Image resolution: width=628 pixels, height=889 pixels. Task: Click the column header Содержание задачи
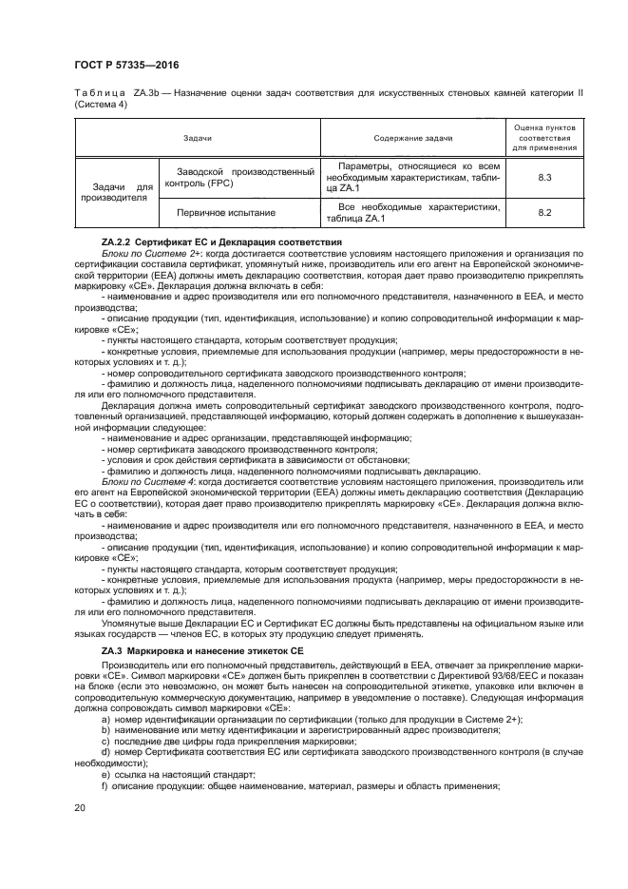(x=412, y=137)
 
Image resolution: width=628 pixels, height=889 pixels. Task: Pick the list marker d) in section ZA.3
(x=105, y=754)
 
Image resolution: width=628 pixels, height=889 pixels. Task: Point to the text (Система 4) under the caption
(x=99, y=105)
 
